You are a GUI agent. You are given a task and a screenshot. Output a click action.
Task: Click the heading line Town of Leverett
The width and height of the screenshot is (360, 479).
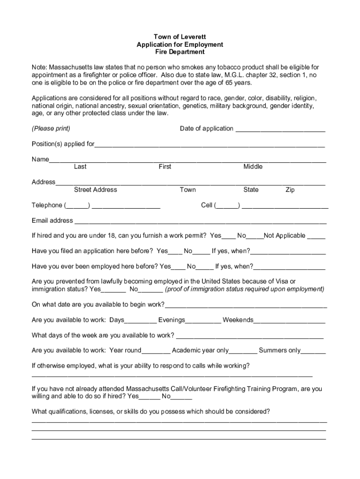pyautogui.click(x=180, y=36)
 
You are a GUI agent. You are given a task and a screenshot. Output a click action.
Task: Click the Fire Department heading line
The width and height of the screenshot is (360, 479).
pyautogui.click(x=180, y=52)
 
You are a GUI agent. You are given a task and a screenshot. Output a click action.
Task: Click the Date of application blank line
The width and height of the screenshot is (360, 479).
pyautogui.click(x=280, y=130)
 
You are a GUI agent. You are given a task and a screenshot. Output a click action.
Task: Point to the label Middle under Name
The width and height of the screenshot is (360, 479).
pyautogui.click(x=253, y=167)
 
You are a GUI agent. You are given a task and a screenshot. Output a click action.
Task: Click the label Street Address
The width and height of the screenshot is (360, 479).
pyautogui.click(x=95, y=189)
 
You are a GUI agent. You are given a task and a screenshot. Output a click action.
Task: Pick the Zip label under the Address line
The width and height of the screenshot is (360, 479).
pyautogui.click(x=290, y=189)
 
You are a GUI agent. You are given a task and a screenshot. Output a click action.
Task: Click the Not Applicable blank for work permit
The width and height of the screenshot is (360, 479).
pyautogui.click(x=317, y=237)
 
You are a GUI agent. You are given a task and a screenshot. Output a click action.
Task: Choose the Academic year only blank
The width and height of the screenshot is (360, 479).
pyautogui.click(x=243, y=351)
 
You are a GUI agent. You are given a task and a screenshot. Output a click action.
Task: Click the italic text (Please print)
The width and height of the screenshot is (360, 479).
pyautogui.click(x=51, y=129)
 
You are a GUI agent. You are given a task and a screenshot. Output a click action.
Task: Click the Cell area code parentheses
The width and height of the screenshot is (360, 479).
pyautogui.click(x=227, y=205)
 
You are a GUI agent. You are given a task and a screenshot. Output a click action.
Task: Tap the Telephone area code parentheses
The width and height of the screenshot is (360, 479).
pyautogui.click(x=77, y=205)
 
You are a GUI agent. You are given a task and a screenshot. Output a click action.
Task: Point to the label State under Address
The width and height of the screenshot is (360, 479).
pyautogui.click(x=251, y=189)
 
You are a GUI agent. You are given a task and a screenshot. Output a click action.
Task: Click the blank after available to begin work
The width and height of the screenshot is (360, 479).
pyautogui.click(x=246, y=306)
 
